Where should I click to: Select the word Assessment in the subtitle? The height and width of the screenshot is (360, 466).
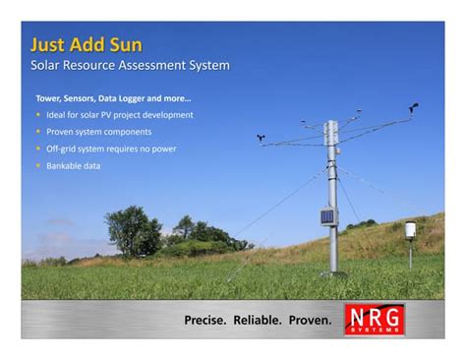(x=140, y=66)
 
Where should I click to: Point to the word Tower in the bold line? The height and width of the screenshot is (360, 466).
(x=49, y=98)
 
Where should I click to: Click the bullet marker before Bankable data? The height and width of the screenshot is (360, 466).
(x=38, y=166)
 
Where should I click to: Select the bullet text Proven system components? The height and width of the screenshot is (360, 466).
(x=99, y=132)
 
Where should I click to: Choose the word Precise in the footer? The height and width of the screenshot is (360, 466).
(x=204, y=320)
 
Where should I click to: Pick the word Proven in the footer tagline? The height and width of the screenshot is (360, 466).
(x=310, y=320)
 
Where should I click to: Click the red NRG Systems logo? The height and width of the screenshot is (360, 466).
(x=375, y=319)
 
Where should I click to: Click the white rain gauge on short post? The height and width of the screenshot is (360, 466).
(x=410, y=230)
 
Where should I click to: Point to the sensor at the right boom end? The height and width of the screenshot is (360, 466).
(x=414, y=107)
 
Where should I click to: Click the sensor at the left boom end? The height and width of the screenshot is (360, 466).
(x=262, y=140)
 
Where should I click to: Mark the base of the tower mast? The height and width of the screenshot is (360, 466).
(x=332, y=271)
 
